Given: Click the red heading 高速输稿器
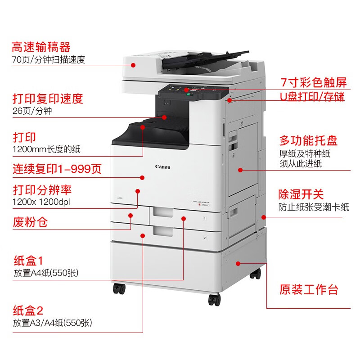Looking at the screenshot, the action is point(41,47).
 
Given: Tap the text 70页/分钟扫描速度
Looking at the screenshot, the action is point(49,59).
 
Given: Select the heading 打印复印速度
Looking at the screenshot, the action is point(48,99).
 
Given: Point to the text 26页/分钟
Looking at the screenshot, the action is point(32,111).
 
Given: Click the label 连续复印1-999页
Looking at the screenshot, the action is point(57,169).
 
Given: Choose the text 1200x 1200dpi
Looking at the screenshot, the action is point(41,202).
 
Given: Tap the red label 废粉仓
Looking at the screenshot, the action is point(30,221).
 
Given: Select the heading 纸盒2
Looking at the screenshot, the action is point(28,310).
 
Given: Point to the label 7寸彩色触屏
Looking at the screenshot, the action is point(313,82).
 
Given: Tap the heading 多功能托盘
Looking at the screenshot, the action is point(308,140).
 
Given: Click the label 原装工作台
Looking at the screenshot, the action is point(309,289).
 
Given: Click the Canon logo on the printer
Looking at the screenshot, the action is point(163,167).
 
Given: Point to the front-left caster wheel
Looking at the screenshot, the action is point(119,288).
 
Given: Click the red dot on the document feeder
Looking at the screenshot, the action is point(133,65).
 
